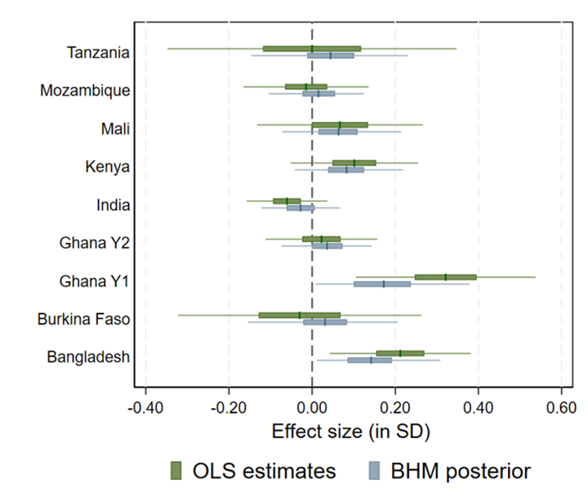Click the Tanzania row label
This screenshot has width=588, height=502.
tap(97, 52)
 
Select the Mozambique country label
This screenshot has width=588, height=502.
tap(84, 91)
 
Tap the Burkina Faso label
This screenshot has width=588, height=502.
tap(83, 319)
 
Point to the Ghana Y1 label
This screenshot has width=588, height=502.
tap(94, 281)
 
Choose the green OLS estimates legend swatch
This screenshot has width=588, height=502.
tap(176, 470)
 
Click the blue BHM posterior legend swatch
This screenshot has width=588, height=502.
tap(374, 470)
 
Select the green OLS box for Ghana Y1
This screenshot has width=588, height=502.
tap(445, 277)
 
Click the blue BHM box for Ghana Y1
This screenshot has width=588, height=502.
tap(382, 284)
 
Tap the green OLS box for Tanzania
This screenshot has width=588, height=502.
tap(312, 49)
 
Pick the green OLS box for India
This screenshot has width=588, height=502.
tap(287, 200)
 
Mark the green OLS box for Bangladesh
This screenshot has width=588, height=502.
tap(400, 353)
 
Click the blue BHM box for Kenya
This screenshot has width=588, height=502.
tap(346, 170)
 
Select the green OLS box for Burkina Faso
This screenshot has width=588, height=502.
tap(300, 315)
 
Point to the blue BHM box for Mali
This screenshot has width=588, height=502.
tap(338, 132)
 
